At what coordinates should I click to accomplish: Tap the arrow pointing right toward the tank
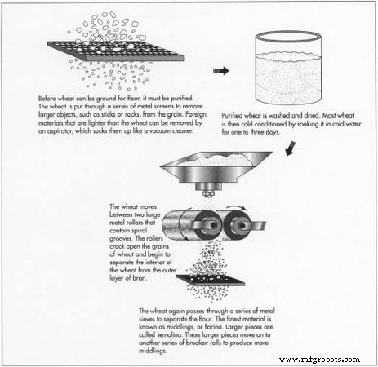[x=220, y=70]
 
